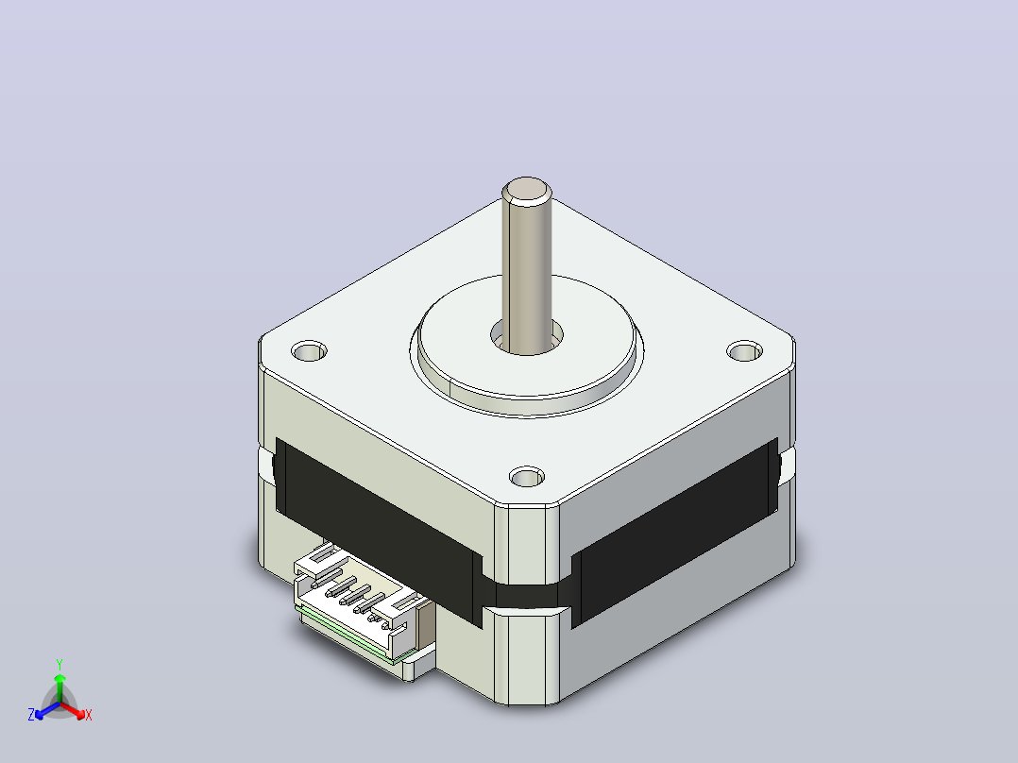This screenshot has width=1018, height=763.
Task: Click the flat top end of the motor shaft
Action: [527, 190]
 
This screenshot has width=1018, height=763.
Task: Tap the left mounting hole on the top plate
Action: [309, 351]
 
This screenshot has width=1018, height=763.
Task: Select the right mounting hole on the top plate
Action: [744, 351]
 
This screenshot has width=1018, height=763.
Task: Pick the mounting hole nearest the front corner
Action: [527, 477]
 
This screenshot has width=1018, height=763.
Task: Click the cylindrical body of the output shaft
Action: [527, 273]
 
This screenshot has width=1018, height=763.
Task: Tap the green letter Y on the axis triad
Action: [59, 664]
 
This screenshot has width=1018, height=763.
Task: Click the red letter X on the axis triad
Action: [89, 715]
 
